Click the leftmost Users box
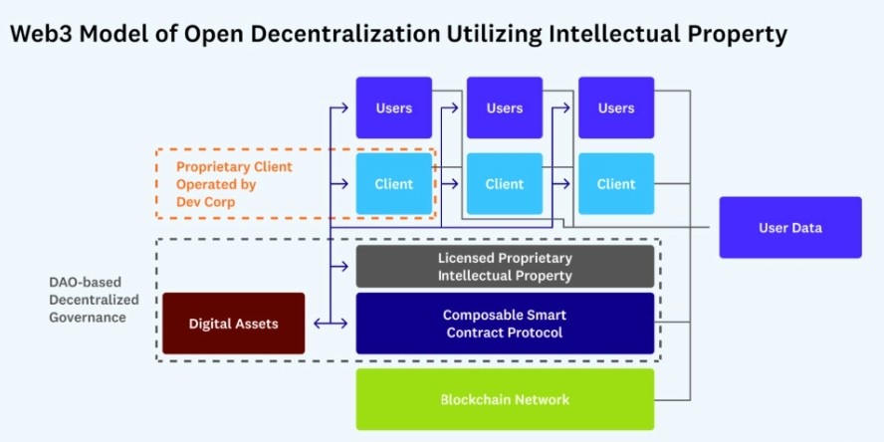coord(394,108)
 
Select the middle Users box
coord(505,108)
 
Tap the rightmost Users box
coord(616,108)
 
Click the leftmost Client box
coord(394,184)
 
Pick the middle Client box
coord(505,184)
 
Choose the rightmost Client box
coord(616,184)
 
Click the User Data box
coord(790,228)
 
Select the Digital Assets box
coord(233,324)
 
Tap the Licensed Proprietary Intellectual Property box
coord(505,267)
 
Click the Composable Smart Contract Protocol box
coord(505,324)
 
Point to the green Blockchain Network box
coord(505,400)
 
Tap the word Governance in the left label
coord(88,318)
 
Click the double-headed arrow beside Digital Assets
coord(330,324)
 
